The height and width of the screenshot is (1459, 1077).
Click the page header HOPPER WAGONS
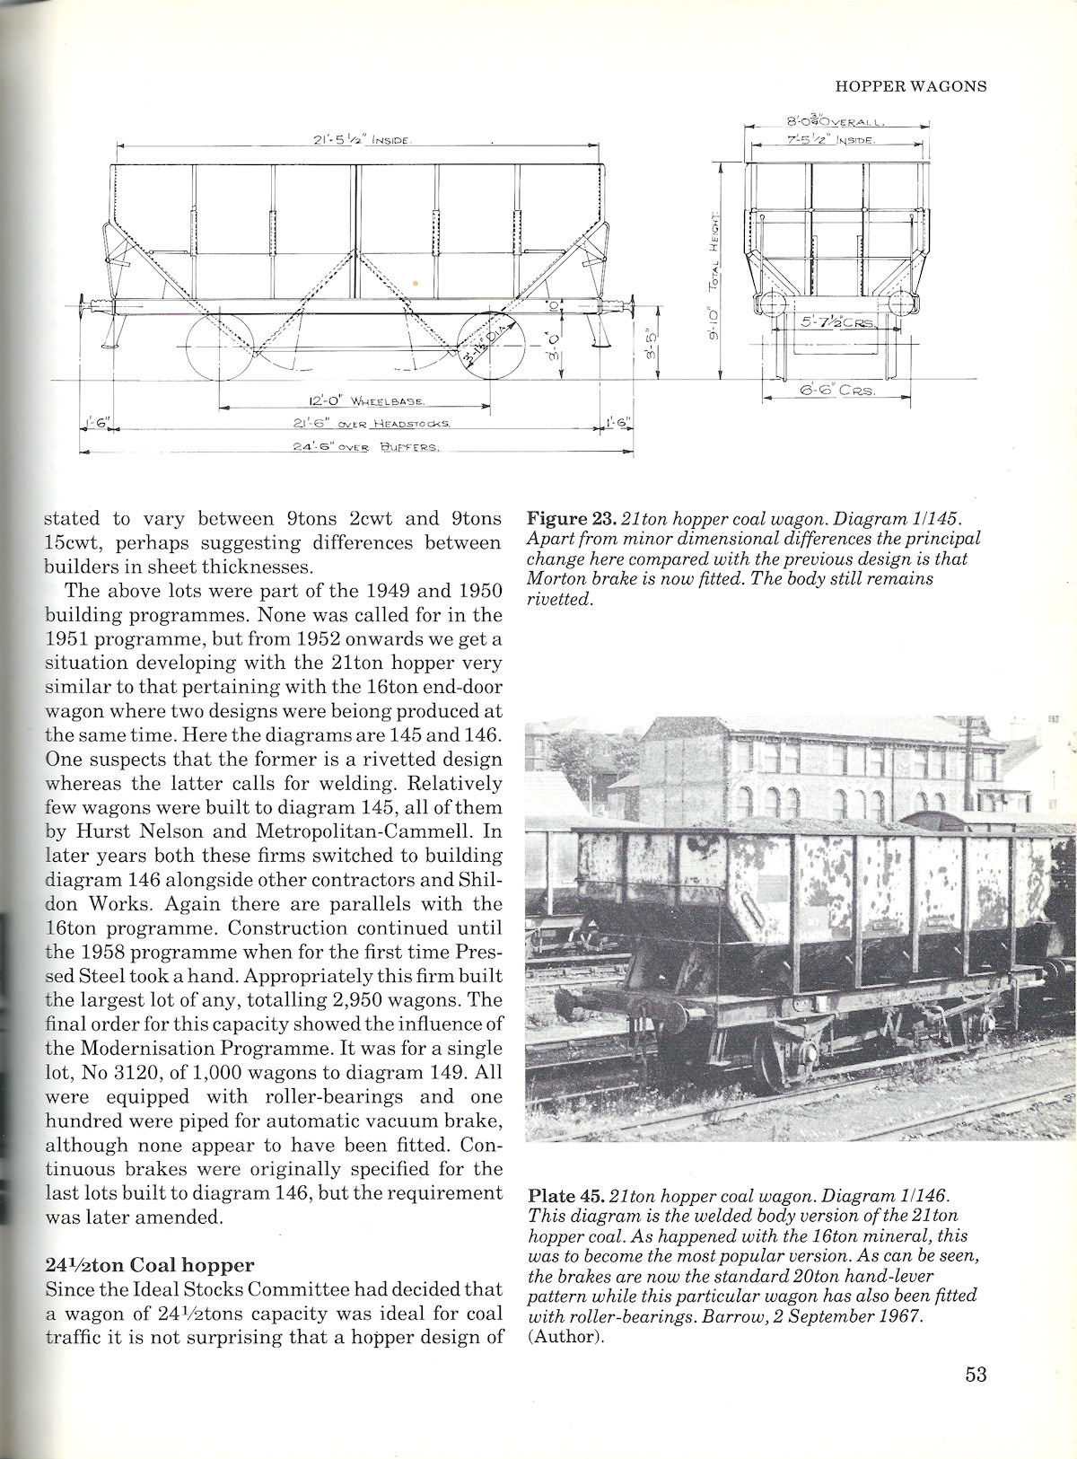point(910,86)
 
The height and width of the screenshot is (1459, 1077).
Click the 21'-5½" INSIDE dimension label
point(355,140)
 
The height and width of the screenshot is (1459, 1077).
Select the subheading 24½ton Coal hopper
point(149,1265)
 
